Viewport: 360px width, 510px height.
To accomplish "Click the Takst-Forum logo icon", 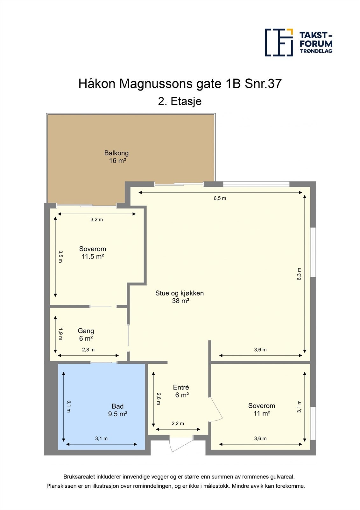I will pyautogui.click(x=279, y=42).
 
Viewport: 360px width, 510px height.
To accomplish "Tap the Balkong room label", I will pyautogui.click(x=116, y=153).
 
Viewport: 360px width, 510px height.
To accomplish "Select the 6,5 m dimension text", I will pyautogui.click(x=220, y=198).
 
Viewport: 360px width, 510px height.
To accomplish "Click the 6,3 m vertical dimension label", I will pyautogui.click(x=299, y=274).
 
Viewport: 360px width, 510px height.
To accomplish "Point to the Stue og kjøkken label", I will pyautogui.click(x=180, y=293).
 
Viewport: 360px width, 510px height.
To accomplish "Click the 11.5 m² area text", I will pyautogui.click(x=93, y=257).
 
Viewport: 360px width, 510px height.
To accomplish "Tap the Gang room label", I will pyautogui.click(x=86, y=331).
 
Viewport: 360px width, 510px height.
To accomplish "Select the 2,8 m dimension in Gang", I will pyautogui.click(x=88, y=350).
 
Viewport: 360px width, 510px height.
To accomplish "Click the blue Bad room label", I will pyautogui.click(x=117, y=406).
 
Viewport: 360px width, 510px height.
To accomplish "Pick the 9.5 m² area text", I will pyautogui.click(x=118, y=414).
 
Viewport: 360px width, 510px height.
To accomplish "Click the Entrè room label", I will pyautogui.click(x=181, y=387).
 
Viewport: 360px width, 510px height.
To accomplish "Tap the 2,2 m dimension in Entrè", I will pyautogui.click(x=178, y=424).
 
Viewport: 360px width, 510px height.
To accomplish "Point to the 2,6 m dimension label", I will pyautogui.click(x=159, y=399).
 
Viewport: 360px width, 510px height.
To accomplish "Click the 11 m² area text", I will pyautogui.click(x=262, y=413).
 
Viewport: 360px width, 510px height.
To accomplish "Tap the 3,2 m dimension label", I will pyautogui.click(x=97, y=220).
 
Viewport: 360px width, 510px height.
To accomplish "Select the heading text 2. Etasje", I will pyautogui.click(x=180, y=101).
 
